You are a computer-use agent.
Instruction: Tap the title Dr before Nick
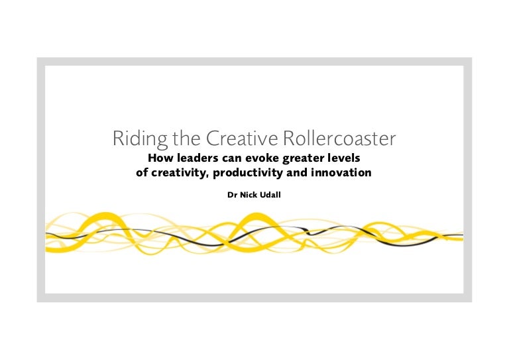[x=231, y=196]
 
